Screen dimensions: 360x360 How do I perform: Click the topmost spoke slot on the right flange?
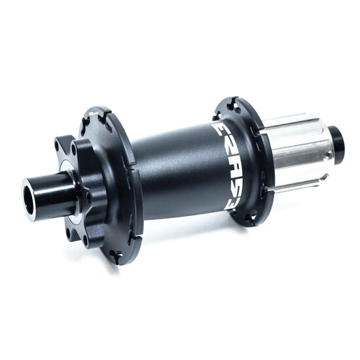(x=232, y=101)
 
